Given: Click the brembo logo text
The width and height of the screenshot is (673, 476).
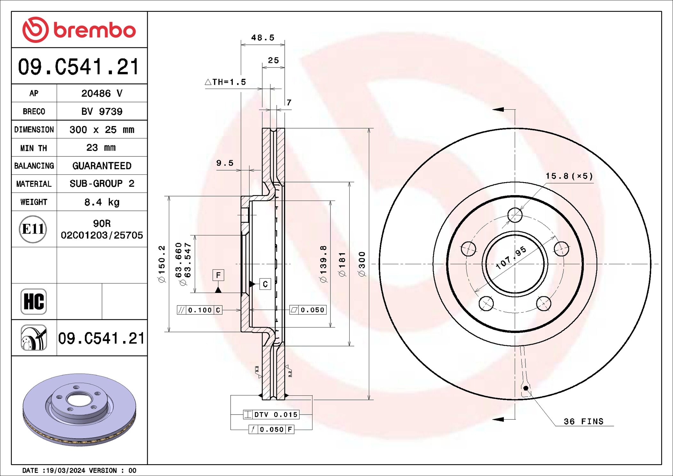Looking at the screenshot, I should tap(95, 30).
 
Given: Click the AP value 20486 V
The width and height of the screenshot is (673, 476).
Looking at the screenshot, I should tap(102, 93).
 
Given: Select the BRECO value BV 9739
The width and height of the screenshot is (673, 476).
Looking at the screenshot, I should tap(102, 112).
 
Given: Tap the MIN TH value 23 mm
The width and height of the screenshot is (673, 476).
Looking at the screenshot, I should tap(101, 148).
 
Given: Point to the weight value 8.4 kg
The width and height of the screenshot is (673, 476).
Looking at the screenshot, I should tap(102, 202).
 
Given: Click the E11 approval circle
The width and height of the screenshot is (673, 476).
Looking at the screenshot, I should tap(33, 229).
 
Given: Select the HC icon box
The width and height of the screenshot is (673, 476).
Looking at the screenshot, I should tap(34, 301).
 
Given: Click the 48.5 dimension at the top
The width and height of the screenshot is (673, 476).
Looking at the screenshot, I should tap(263, 38).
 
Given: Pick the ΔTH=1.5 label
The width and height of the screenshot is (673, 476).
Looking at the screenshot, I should tap(226, 82).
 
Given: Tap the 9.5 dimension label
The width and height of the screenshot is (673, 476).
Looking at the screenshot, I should tap(225, 163).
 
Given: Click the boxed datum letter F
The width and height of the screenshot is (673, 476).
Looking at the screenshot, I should tap(218, 275).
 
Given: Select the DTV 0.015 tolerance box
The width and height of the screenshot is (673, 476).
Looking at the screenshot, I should tap(271, 415).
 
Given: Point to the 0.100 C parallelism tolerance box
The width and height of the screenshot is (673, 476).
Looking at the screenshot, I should tap(200, 310).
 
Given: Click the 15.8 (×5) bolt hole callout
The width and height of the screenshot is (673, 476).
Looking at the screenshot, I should tap(569, 176).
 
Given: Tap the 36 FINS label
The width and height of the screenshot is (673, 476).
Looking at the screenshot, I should tap(583, 422).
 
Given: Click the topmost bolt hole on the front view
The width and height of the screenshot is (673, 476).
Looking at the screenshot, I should tap(515, 215).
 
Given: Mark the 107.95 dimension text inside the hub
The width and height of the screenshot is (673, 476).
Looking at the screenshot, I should tap(511, 258).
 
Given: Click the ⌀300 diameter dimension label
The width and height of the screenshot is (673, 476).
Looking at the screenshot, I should tap(362, 264).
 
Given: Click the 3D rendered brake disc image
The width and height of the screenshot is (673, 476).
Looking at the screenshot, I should tap(79, 409).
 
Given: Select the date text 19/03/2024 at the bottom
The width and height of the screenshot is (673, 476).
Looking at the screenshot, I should tap(66, 471).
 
